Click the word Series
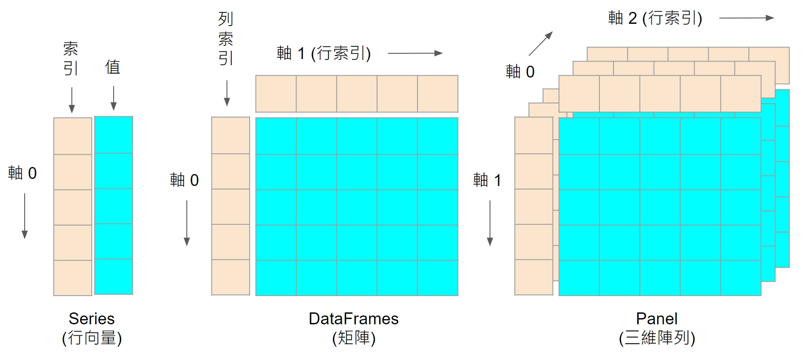point(92,319)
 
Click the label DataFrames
point(353,319)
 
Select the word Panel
point(657,319)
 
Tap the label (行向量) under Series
point(92,338)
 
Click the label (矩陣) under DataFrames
point(353,338)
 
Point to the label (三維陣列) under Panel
point(657,338)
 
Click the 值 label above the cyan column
point(113,67)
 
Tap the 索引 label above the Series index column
point(71,59)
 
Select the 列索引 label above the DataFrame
point(225,39)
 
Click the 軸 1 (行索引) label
point(324,53)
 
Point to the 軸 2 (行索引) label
point(655,18)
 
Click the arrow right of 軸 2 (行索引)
point(747,18)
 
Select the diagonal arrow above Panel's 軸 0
point(540,43)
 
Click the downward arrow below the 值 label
point(114,98)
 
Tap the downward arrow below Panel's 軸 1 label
point(490,223)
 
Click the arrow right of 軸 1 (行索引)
point(415,53)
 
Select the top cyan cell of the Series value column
point(114,135)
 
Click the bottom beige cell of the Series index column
point(73,278)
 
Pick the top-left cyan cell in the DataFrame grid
point(276,136)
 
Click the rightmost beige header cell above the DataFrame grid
point(438,94)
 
